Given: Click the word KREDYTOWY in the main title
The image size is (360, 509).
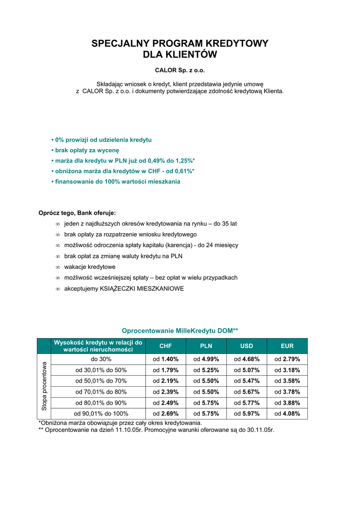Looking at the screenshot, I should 233,43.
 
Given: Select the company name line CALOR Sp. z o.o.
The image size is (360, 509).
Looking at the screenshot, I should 180,70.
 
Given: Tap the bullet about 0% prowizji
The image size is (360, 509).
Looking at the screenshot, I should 102,140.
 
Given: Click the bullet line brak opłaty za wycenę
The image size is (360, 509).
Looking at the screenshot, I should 85,150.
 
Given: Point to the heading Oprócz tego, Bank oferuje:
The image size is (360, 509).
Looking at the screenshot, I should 77,213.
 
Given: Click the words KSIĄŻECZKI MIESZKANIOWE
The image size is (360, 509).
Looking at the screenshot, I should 142,288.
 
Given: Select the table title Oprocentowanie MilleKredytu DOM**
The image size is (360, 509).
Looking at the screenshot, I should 180,330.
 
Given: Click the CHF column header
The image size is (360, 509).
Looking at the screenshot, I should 166,346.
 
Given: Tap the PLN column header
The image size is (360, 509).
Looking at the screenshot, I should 206,346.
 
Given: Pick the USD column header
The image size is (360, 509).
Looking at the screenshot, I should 247,346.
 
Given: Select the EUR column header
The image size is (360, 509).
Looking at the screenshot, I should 287,346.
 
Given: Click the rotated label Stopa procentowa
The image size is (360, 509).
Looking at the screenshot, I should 44,386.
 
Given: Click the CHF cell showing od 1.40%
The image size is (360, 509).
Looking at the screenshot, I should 166,359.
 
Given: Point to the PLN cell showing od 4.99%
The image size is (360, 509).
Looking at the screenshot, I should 206,359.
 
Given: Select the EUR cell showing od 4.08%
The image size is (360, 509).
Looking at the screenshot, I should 287,414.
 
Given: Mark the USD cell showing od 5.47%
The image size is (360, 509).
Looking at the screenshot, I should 247,381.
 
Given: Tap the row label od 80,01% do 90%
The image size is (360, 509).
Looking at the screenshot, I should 101,403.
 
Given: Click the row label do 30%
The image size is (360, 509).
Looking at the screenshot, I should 101,359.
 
